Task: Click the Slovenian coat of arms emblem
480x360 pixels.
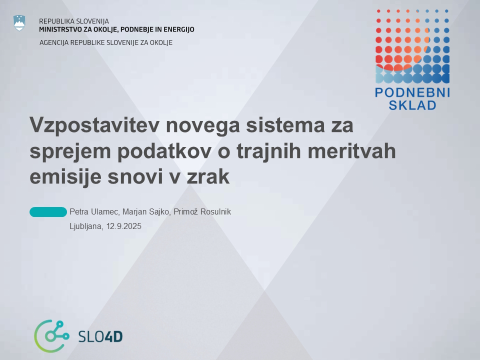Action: (19, 23)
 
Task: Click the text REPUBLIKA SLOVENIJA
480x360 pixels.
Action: (74, 21)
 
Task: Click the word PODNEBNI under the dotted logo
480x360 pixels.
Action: (412, 92)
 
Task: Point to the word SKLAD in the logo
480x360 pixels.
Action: (412, 105)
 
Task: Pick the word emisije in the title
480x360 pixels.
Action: (65, 177)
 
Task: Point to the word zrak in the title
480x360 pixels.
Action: (208, 177)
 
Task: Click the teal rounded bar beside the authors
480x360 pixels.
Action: (48, 212)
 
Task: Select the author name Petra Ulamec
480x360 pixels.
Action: (95, 212)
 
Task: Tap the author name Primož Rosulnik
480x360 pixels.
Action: (202, 212)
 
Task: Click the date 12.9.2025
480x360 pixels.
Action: (123, 226)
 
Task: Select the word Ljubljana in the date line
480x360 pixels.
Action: (86, 226)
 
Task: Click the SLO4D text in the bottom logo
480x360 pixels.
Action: (100, 336)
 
